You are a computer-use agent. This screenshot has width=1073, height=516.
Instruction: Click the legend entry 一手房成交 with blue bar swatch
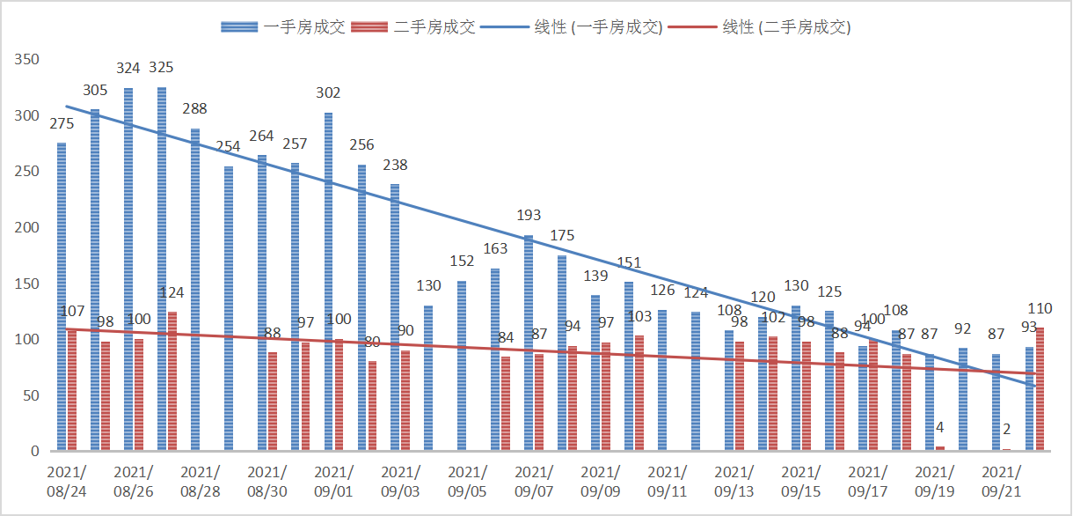coord(283,27)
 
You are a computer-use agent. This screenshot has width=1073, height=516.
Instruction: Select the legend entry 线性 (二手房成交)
coord(762,27)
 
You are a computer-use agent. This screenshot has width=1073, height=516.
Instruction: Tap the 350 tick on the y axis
coord(28,60)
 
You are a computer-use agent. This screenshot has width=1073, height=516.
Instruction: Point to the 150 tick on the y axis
coord(28,284)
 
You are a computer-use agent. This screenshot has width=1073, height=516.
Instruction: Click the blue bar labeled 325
coord(162,269)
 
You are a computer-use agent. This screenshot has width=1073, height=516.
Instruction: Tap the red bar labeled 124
coord(172,381)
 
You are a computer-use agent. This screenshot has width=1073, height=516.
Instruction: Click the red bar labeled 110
coord(1040,389)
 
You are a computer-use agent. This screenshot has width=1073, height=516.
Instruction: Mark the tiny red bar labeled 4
coord(940,448)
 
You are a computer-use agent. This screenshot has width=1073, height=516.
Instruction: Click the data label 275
coord(62,123)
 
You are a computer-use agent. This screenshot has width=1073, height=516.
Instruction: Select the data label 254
coord(229,147)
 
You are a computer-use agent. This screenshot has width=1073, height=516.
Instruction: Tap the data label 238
coord(396,165)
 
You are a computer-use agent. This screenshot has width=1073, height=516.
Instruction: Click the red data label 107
coord(72,311)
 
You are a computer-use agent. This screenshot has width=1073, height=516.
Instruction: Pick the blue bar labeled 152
coord(462,365)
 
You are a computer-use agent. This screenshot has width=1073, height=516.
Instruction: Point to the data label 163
coord(495,249)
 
